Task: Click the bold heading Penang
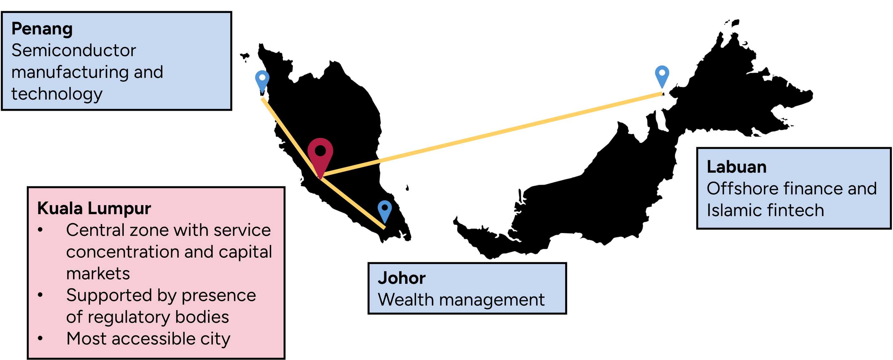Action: [x=42, y=29]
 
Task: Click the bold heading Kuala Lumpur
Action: [x=94, y=208]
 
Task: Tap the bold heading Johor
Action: [x=402, y=278]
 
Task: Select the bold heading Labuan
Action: [x=736, y=167]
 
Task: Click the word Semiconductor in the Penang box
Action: [x=73, y=51]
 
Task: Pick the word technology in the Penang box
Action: [x=57, y=94]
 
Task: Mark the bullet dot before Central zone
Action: [x=40, y=230]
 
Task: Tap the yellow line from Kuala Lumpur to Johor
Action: [x=354, y=205]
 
